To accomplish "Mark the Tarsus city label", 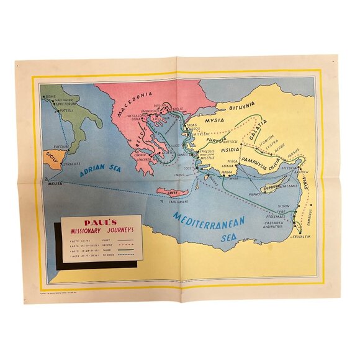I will point(292,150).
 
